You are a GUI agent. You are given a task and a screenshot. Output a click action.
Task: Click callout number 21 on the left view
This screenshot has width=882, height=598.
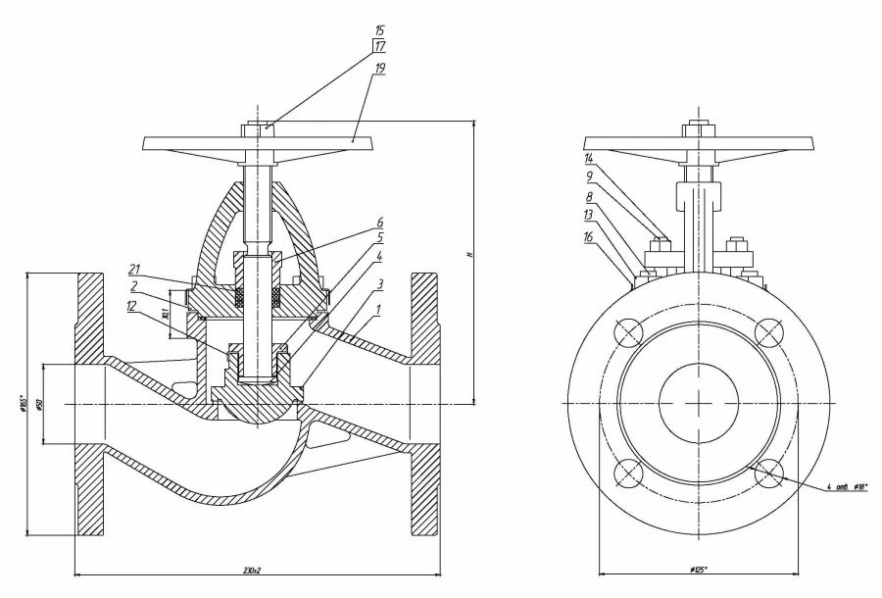click(x=137, y=268)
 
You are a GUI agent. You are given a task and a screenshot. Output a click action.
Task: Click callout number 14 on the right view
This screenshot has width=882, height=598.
click(x=588, y=157)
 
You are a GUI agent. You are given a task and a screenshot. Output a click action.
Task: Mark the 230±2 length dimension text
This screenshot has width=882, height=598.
click(x=257, y=569)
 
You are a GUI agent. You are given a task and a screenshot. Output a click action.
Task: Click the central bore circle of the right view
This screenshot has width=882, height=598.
click(x=699, y=404)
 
